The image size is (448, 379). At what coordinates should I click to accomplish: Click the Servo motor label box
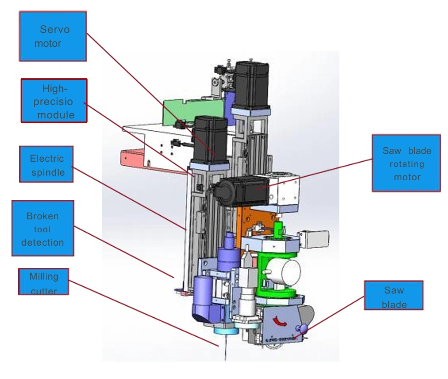(x=53, y=36)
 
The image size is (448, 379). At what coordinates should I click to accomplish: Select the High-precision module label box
(x=54, y=100)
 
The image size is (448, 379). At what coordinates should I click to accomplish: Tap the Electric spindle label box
(x=46, y=164)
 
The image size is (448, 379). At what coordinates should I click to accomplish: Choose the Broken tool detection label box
(x=43, y=228)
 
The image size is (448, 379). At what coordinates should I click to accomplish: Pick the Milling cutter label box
(x=44, y=281)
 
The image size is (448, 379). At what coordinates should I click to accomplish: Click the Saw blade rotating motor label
(x=406, y=163)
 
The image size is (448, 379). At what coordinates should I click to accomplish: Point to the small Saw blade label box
(x=394, y=295)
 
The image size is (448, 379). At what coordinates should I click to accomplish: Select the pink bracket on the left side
(x=135, y=157)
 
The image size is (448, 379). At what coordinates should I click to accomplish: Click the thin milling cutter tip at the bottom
(x=225, y=350)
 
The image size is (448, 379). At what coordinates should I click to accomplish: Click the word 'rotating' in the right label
(x=406, y=164)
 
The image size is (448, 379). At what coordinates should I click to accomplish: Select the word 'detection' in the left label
(x=43, y=242)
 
